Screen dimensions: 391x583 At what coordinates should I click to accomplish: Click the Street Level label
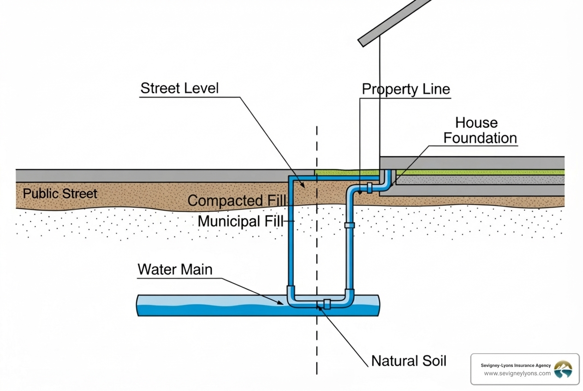[179, 88]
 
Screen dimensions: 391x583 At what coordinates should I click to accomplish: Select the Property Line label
[405, 89]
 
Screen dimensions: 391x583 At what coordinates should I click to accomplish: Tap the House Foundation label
[480, 130]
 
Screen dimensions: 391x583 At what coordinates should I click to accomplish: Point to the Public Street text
[60, 193]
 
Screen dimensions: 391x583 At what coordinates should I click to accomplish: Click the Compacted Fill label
[237, 201]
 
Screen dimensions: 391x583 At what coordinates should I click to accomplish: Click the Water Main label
[175, 269]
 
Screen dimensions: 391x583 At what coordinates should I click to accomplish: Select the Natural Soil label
[409, 361]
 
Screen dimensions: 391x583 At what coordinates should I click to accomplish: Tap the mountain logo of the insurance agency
[563, 369]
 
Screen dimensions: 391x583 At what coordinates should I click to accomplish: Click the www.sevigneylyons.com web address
[517, 373]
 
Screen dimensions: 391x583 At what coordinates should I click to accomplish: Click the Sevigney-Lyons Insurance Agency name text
[516, 365]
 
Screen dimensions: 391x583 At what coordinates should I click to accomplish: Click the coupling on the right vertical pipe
[350, 225]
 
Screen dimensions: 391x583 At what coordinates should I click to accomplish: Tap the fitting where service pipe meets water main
[327, 304]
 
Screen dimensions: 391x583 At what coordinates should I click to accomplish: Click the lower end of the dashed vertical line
[317, 371]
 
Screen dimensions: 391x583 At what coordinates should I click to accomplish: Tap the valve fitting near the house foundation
[369, 187]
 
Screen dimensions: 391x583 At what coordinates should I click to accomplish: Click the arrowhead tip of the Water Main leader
[283, 303]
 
